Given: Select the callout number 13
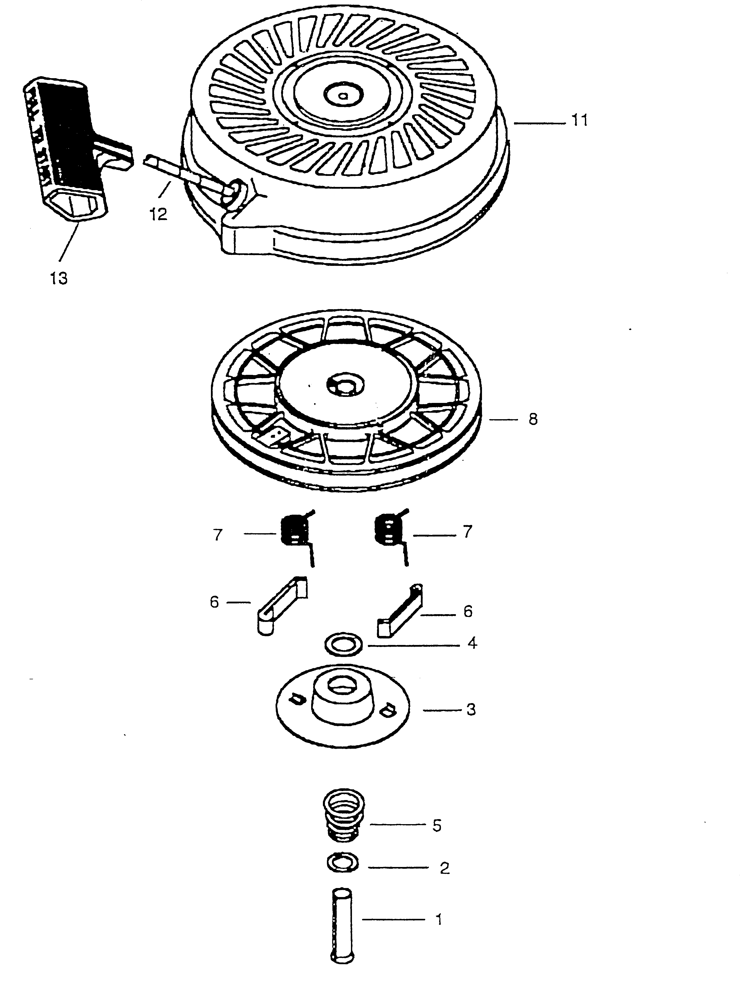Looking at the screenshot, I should point(59,278).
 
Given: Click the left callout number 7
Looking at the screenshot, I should point(218,534).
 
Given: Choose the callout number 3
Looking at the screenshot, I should point(471,709).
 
